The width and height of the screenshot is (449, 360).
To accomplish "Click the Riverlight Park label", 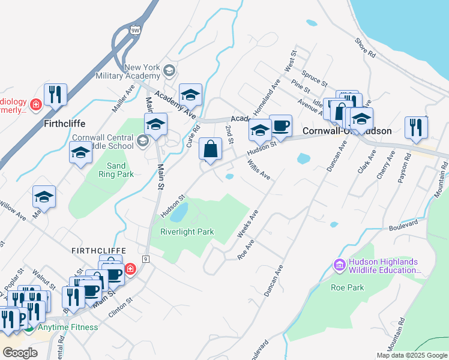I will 187,232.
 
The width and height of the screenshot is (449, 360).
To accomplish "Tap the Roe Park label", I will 348,287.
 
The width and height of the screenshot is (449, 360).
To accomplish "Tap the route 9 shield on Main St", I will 145,259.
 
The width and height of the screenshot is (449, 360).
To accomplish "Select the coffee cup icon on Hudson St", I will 280,125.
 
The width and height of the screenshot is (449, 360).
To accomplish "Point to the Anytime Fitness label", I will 68,327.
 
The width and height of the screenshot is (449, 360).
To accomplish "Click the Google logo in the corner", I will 20,352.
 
